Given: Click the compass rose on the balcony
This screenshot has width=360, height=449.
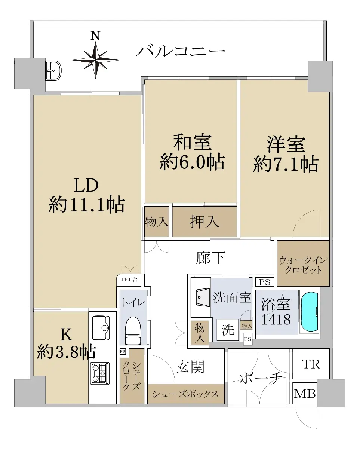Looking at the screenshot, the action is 95,60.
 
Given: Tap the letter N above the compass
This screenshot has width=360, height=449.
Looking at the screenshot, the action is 95,36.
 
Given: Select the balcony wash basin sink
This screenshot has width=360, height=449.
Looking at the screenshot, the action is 53,70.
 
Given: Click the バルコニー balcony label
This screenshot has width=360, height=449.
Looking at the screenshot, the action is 181,51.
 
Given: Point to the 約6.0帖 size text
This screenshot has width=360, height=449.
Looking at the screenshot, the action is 192,162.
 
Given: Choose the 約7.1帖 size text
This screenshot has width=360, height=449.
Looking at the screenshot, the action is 286,164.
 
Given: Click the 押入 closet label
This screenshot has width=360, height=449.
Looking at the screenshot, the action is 204,222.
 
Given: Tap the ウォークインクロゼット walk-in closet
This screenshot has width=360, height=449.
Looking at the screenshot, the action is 303,263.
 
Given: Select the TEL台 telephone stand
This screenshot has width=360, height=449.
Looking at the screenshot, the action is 129,280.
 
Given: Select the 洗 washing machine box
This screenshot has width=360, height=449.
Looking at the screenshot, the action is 228,330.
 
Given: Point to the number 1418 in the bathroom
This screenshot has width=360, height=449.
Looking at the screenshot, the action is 276,320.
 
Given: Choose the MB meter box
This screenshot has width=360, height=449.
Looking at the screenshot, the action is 305,393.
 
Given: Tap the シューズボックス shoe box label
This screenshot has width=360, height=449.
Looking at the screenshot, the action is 185,394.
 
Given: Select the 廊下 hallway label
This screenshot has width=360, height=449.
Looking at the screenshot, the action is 211,258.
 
